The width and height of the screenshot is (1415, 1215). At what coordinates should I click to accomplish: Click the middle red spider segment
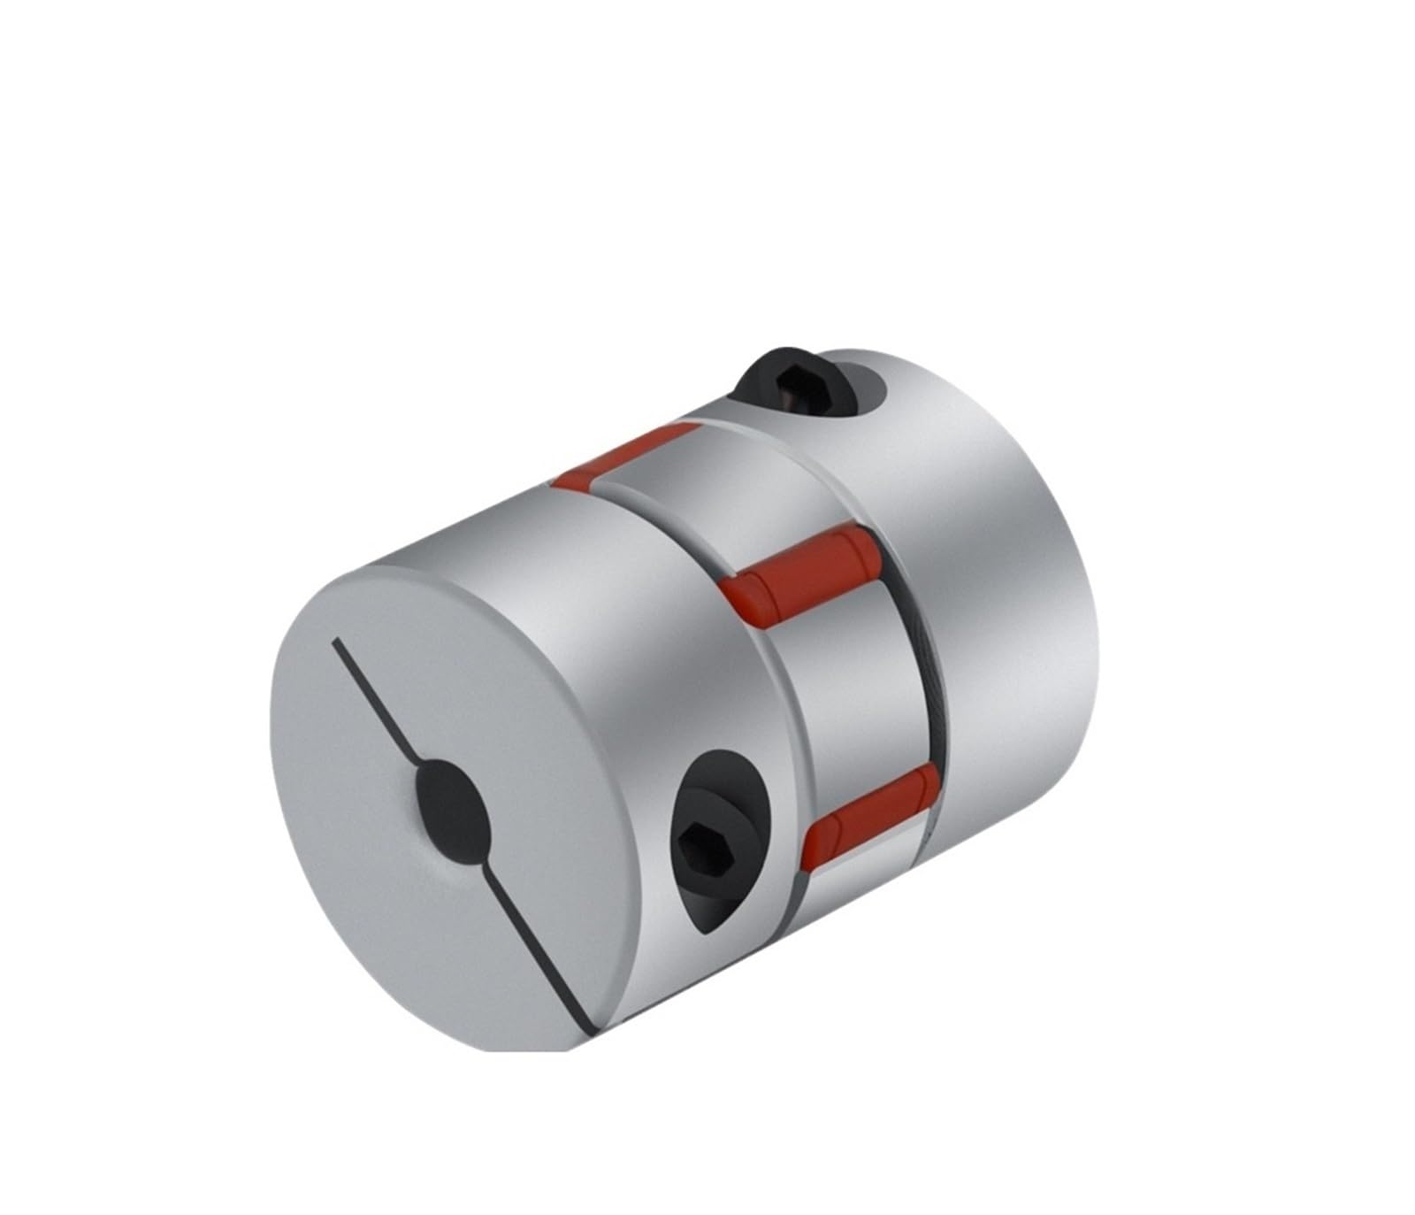799,566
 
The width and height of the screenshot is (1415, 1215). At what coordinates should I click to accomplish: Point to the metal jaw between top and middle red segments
707,496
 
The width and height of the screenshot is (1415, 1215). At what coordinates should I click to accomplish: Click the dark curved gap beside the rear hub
920,673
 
